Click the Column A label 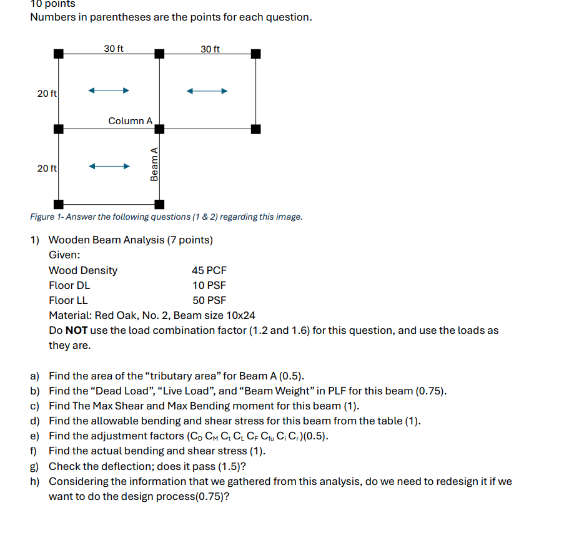tap(130, 120)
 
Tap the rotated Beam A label tap(154, 164)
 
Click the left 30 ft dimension tap(114, 49)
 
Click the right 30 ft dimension tap(210, 49)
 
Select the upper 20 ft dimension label tap(47, 93)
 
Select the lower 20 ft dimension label tap(47, 169)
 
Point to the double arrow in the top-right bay tap(207, 91)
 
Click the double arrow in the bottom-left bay tap(109, 167)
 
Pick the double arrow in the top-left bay tap(109, 91)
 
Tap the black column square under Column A tap(159, 129)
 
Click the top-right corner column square tap(255, 54)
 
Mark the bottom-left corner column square tap(58, 204)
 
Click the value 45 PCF tap(209, 270)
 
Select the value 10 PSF tap(209, 285)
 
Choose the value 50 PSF tap(209, 300)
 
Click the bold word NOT tap(76, 330)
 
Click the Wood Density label tap(83, 270)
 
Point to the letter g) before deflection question tap(35, 466)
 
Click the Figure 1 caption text tap(166, 217)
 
